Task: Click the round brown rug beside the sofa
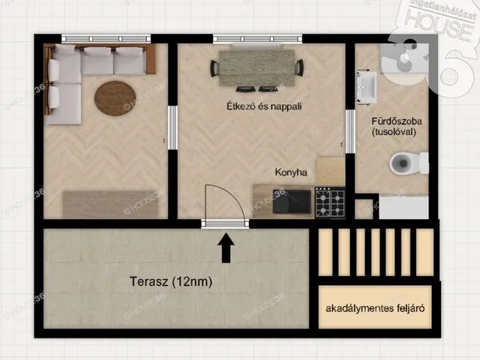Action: [115, 97]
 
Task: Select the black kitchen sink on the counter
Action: [292, 200]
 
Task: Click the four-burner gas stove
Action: [329, 201]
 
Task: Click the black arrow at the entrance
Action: [226, 249]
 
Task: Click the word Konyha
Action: [291, 172]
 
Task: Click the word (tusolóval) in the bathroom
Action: [394, 131]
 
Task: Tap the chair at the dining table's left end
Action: [214, 67]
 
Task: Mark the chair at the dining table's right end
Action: [299, 67]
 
